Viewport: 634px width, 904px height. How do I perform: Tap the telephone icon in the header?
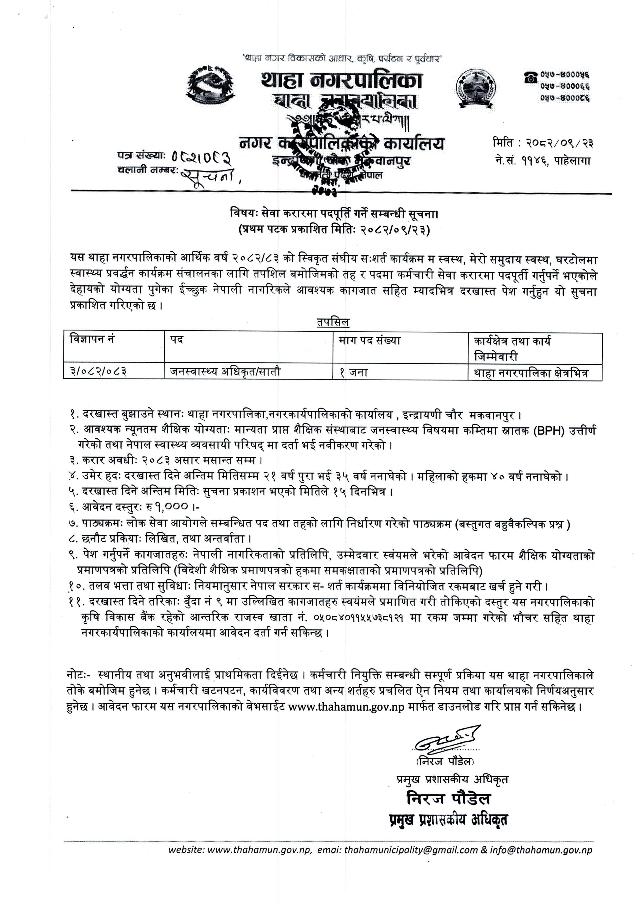tap(530, 77)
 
